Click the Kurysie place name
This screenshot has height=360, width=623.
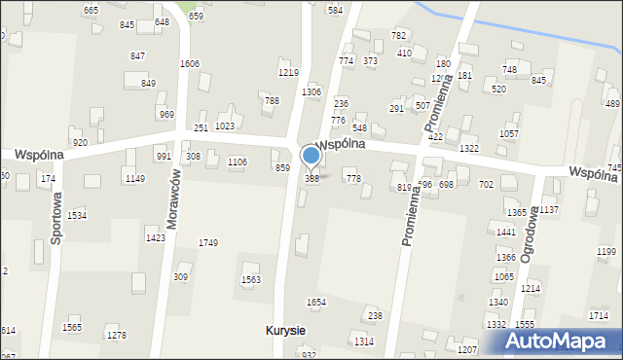(285, 331)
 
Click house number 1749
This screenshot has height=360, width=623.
(208, 242)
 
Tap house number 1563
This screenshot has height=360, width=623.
(250, 279)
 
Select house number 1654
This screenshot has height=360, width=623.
(315, 303)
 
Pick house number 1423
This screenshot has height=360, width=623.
(155, 237)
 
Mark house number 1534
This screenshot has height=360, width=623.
(76, 215)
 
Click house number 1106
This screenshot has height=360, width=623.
(237, 162)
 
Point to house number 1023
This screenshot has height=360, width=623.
(225, 126)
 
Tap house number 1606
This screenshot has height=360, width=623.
(190, 63)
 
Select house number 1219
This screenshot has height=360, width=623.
(288, 73)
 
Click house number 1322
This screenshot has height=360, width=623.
(469, 148)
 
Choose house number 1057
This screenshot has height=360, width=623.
(508, 133)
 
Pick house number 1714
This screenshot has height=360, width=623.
(599, 316)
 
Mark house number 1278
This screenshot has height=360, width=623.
(117, 336)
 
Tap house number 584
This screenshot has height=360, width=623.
(335, 10)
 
